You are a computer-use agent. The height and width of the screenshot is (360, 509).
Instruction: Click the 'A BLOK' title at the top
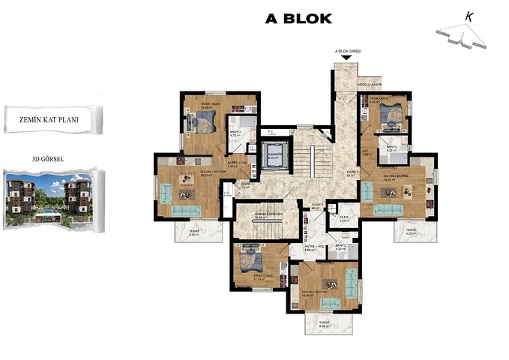[298, 19]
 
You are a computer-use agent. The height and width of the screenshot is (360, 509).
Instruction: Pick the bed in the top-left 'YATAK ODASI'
[204, 122]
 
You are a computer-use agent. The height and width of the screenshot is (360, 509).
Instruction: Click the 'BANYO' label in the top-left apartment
[235, 132]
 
